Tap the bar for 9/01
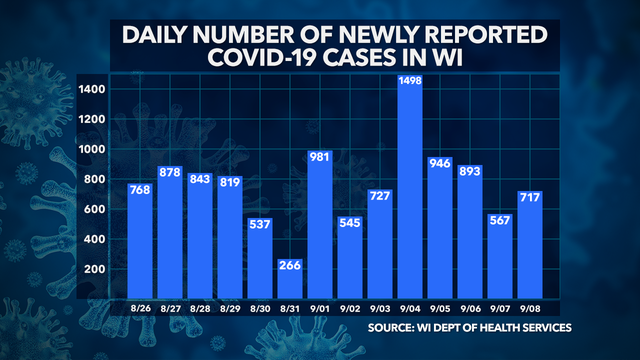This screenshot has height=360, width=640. click(320, 230)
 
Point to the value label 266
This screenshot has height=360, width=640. click(290, 266)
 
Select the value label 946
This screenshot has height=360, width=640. click(439, 164)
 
